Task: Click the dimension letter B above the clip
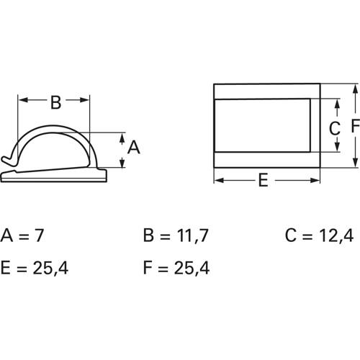[55, 102]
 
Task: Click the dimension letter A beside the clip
[133, 148]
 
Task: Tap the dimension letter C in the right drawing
[333, 128]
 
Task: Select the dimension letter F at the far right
[354, 125]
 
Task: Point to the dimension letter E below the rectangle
[263, 181]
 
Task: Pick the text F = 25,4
[176, 268]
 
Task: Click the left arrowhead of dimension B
[22, 102]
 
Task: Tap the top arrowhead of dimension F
[354, 88]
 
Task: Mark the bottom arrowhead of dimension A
[122, 165]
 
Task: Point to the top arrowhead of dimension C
[334, 101]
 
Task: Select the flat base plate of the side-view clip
[58, 174]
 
